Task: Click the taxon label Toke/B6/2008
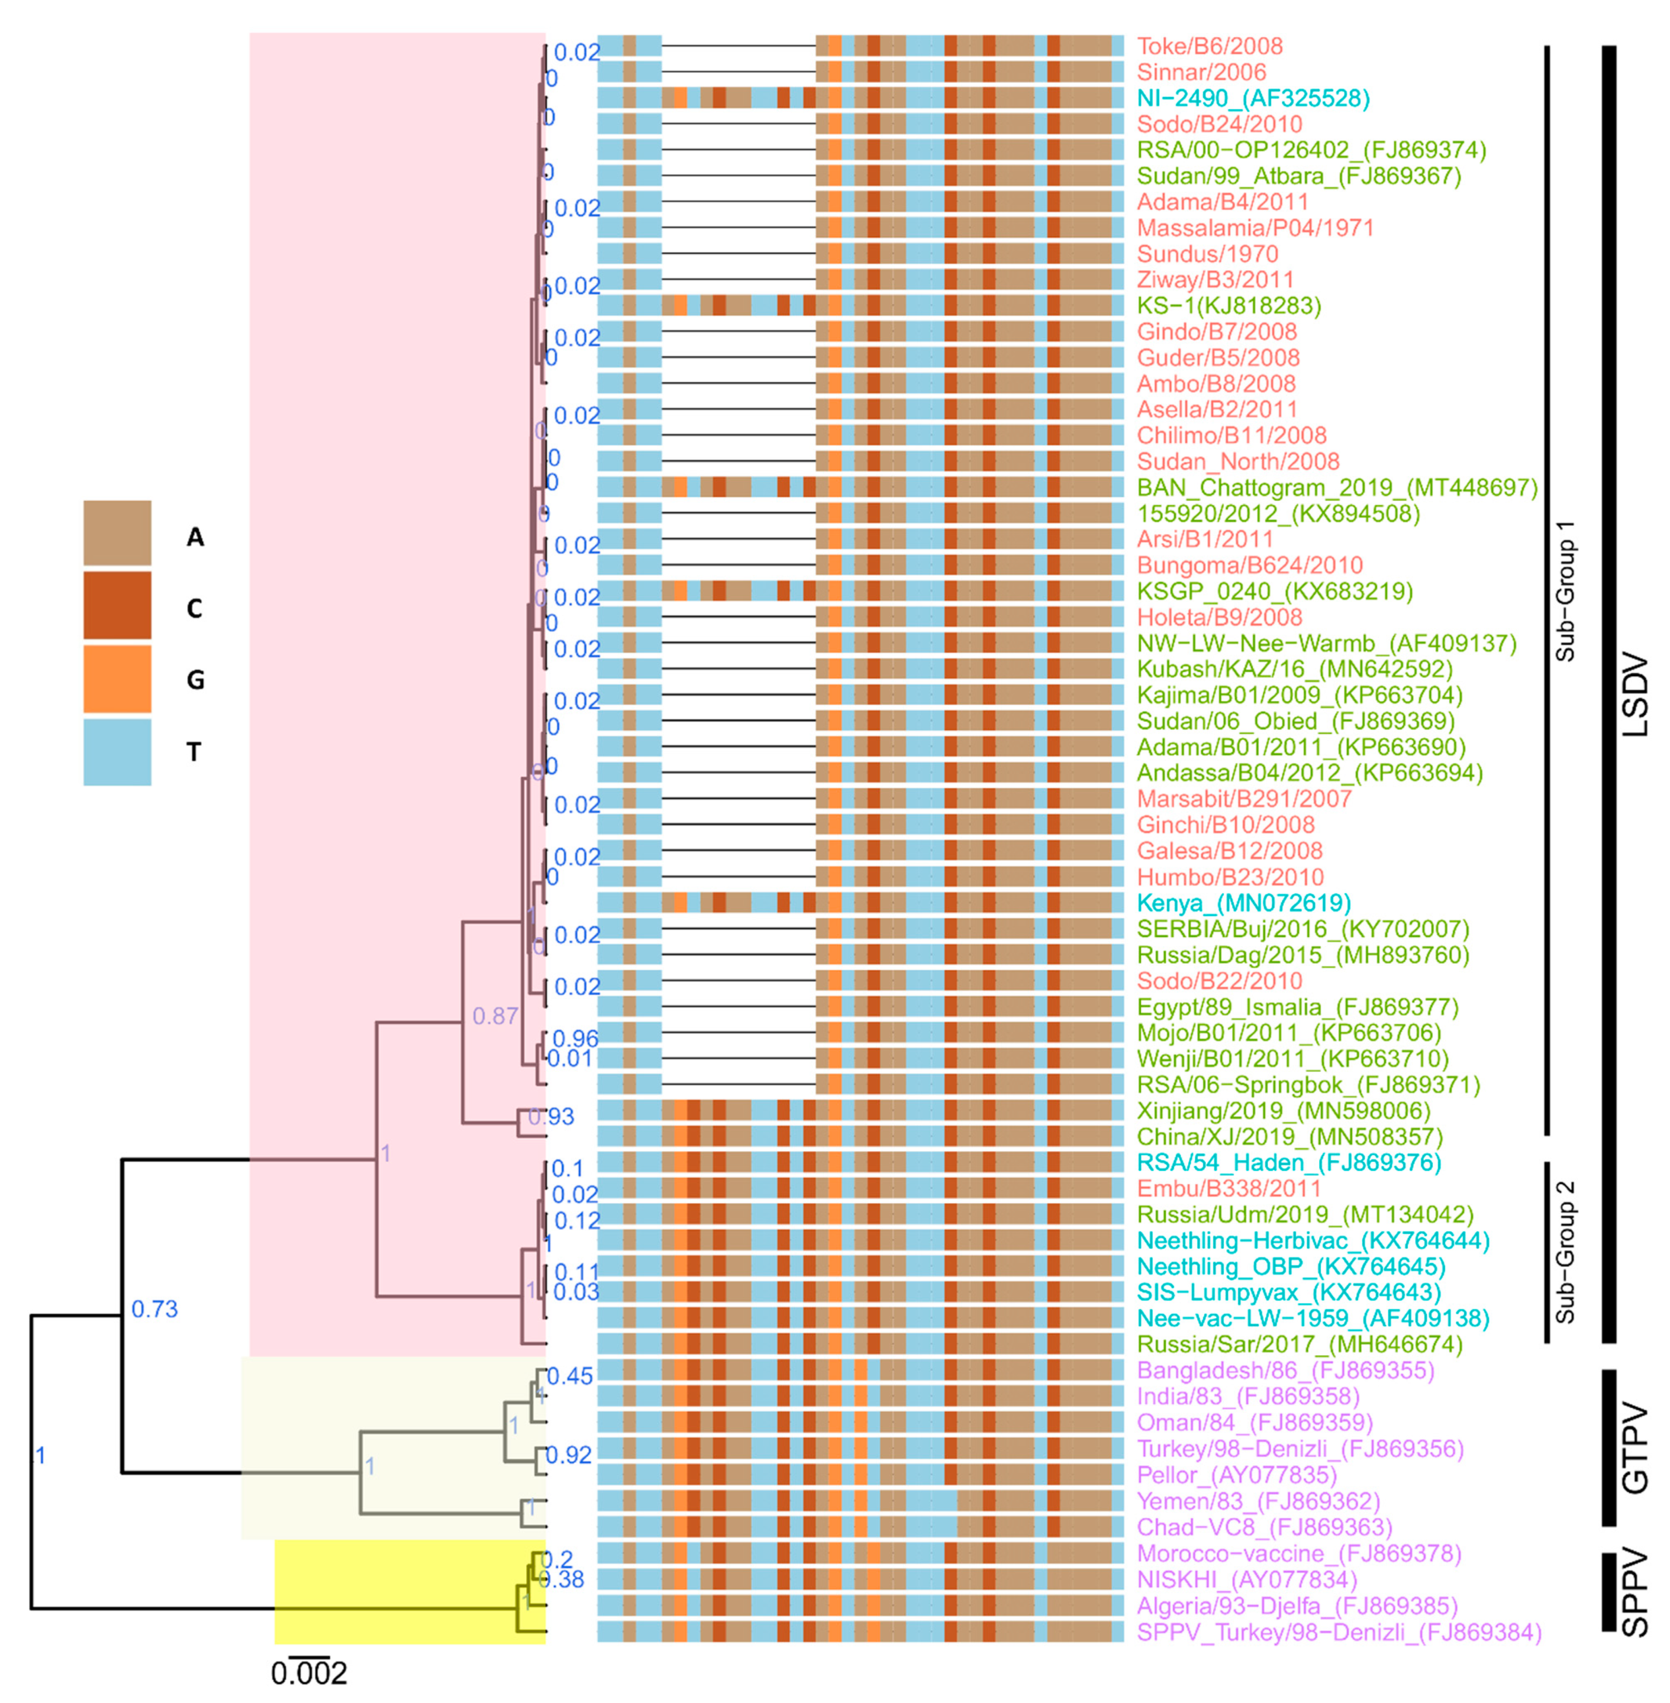(1210, 47)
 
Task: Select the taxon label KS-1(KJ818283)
(1229, 306)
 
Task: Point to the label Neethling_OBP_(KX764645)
(1291, 1267)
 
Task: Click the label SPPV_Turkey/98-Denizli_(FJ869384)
(1339, 1632)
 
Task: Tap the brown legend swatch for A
(117, 533)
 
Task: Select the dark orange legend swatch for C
(117, 605)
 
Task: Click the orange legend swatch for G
(117, 678)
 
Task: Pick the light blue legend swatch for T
(117, 751)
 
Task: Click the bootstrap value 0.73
(154, 1309)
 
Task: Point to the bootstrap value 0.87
(495, 1016)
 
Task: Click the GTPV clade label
(1634, 1449)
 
